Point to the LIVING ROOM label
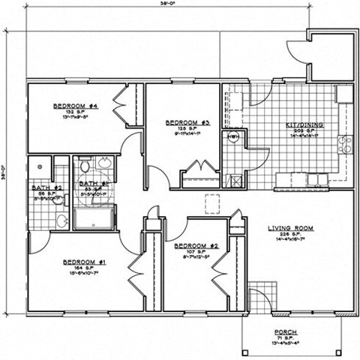tap(292, 227)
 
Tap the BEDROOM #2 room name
tap(196, 246)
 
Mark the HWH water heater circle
tap(233, 137)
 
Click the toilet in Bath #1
tap(85, 166)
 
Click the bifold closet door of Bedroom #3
tap(199, 169)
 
